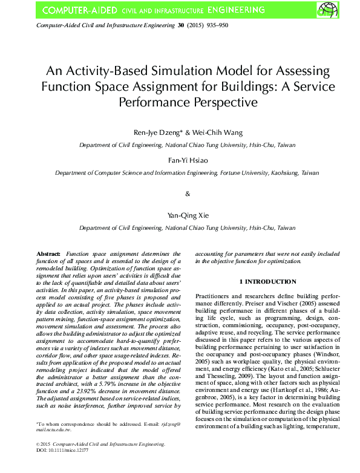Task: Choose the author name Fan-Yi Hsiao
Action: (x=180, y=160)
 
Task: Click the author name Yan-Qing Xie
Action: (x=180, y=215)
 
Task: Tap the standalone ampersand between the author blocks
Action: (x=187, y=194)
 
